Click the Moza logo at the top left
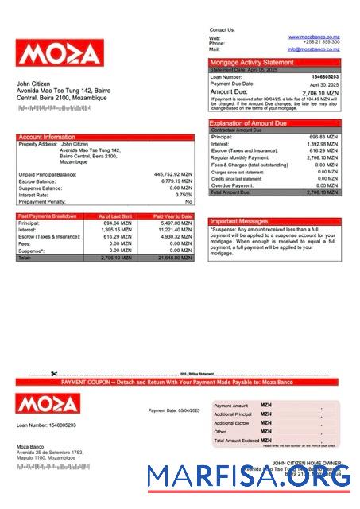[x=59, y=53]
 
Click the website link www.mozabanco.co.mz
[x=314, y=37]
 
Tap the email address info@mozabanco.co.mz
[x=314, y=49]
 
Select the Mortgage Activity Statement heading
[x=252, y=62]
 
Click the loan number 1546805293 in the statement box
[x=324, y=76]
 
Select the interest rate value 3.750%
[x=184, y=195]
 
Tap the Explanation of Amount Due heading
[x=248, y=123]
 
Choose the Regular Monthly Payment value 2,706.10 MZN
[x=323, y=158]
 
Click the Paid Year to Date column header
[x=172, y=216]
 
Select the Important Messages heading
[x=239, y=221]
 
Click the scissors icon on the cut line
[x=54, y=374]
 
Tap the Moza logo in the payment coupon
[x=48, y=403]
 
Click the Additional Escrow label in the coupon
[x=232, y=423]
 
